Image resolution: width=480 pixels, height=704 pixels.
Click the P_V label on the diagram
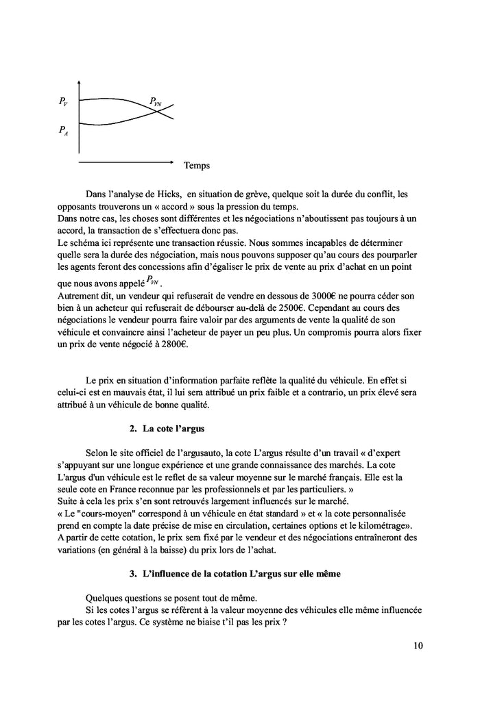(x=63, y=103)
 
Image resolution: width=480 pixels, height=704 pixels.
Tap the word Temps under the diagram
(x=197, y=165)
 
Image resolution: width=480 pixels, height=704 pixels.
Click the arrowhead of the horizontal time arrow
(x=171, y=162)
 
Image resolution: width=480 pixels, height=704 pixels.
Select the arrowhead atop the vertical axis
(x=80, y=83)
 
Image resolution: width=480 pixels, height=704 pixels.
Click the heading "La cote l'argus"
(x=174, y=429)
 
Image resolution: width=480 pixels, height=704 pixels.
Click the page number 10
(x=419, y=645)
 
